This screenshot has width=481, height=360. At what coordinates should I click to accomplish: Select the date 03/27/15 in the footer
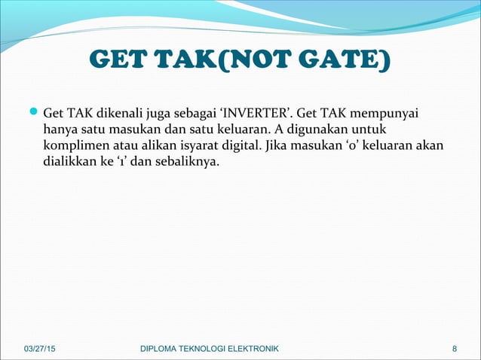[x=40, y=348]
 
